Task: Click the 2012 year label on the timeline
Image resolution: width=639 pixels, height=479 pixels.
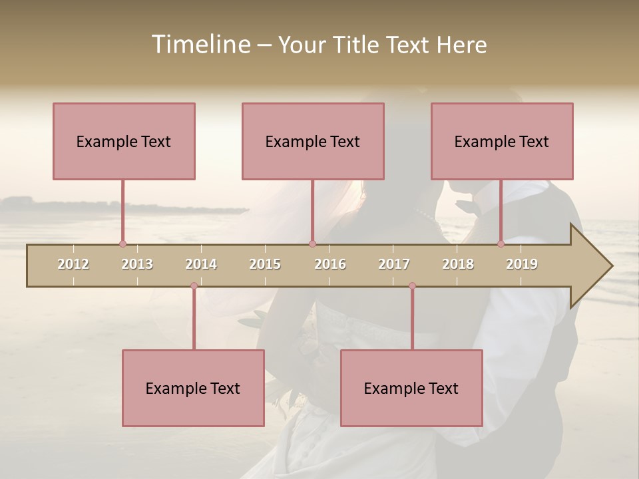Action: click(x=73, y=264)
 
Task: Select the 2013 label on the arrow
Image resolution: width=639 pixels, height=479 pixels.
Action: click(x=137, y=264)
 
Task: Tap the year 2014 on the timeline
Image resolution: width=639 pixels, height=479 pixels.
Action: click(x=201, y=264)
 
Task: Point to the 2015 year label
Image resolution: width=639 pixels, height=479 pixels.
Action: click(x=265, y=264)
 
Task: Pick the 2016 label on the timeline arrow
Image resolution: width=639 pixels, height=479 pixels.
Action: click(x=330, y=264)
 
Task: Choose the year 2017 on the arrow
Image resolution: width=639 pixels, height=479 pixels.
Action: click(x=394, y=264)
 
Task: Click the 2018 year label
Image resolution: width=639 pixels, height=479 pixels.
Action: click(x=458, y=264)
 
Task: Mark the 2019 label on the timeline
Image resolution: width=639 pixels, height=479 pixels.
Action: click(x=522, y=264)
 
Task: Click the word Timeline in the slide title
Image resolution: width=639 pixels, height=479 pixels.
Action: click(x=199, y=45)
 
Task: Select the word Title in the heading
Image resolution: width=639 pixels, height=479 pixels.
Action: click(x=356, y=45)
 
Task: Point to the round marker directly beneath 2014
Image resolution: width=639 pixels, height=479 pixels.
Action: click(x=194, y=286)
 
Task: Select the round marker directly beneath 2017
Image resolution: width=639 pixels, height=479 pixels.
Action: click(x=412, y=286)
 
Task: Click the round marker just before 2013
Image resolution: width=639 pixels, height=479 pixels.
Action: click(x=122, y=244)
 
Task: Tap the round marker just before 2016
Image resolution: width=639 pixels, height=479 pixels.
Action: click(x=312, y=244)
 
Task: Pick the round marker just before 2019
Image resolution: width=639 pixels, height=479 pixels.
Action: click(x=501, y=244)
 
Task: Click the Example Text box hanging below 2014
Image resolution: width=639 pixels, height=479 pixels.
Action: click(x=193, y=388)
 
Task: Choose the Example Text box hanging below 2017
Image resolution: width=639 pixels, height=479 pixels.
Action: click(x=411, y=388)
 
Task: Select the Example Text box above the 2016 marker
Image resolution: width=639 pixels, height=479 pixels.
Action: click(x=313, y=141)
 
